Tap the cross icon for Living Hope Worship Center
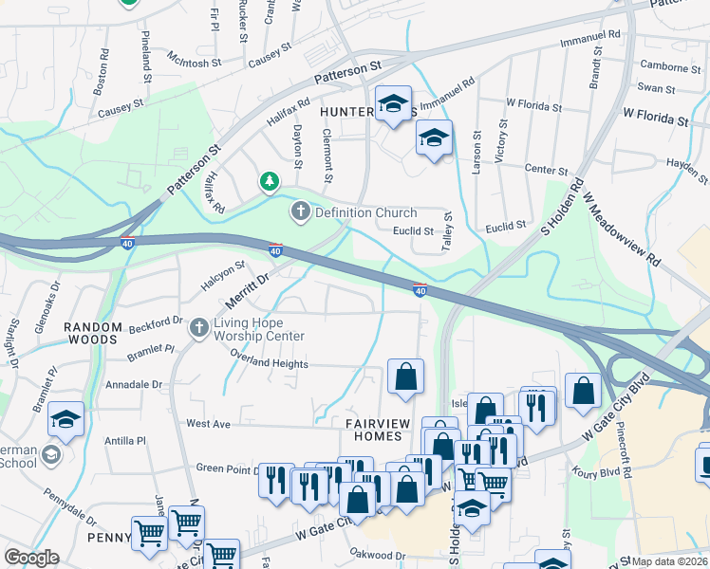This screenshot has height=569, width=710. pyautogui.click(x=198, y=328)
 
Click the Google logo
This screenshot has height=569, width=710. pyautogui.click(x=32, y=557)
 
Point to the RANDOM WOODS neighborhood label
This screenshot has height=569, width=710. pyautogui.click(x=93, y=334)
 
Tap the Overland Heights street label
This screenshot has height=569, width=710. pyautogui.click(x=269, y=363)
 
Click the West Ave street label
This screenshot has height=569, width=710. pyautogui.click(x=209, y=424)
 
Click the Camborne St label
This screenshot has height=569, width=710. pyautogui.click(x=669, y=67)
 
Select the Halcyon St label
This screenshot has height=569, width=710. pyautogui.click(x=222, y=276)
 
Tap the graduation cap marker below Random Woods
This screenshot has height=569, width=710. pyautogui.click(x=65, y=418)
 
